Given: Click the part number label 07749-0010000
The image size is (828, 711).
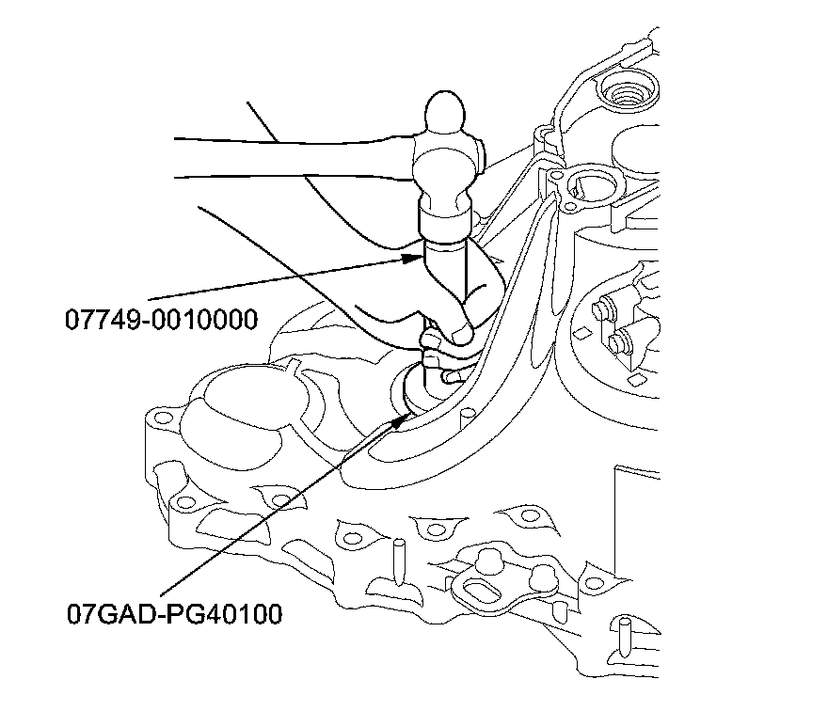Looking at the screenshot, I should (161, 320).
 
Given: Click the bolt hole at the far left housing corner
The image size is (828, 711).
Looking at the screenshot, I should (162, 417).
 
